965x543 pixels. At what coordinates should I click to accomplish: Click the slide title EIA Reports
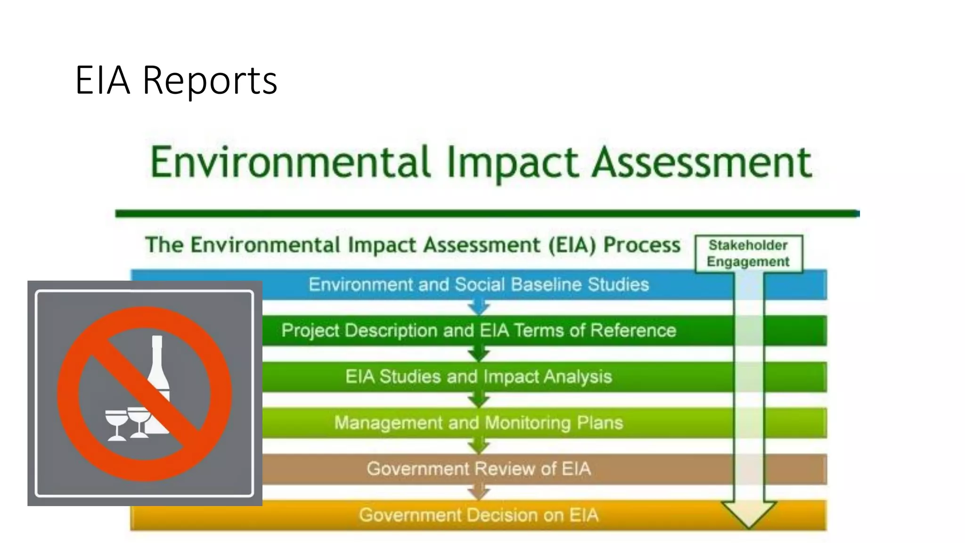[x=176, y=80]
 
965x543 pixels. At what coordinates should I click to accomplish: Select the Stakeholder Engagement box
[x=748, y=254]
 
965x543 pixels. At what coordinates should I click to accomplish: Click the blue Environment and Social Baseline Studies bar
[x=478, y=285]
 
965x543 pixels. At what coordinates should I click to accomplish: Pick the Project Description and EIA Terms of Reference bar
[x=478, y=330]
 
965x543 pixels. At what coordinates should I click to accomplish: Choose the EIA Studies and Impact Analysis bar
[x=478, y=377]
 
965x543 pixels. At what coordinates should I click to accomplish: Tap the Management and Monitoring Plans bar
[x=478, y=422]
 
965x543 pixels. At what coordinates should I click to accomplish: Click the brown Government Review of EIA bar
[x=478, y=469]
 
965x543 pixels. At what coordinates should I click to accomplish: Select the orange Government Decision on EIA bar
[x=478, y=515]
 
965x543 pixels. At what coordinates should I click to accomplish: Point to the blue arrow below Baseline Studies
[x=479, y=308]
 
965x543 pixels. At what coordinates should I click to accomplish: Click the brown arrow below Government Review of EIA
[x=479, y=493]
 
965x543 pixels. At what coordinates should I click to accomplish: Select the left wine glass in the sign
[x=115, y=424]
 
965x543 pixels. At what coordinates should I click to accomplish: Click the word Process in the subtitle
[x=642, y=245]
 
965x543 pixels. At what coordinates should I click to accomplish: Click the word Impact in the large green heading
[x=512, y=163]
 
